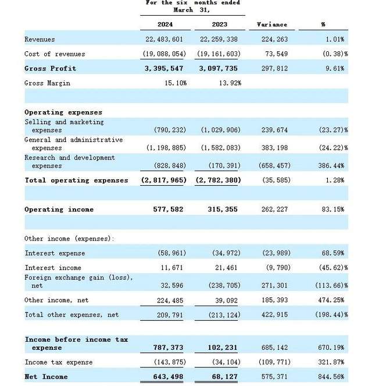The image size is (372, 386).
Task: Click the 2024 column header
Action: (x=165, y=25)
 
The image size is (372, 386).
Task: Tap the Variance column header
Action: (x=271, y=25)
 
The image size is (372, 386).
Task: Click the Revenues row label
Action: (x=40, y=40)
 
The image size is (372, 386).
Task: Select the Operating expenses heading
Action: (x=63, y=112)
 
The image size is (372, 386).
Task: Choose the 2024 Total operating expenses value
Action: (x=163, y=180)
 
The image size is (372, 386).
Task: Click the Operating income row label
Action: (x=59, y=210)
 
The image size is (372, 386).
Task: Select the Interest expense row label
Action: (x=55, y=253)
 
